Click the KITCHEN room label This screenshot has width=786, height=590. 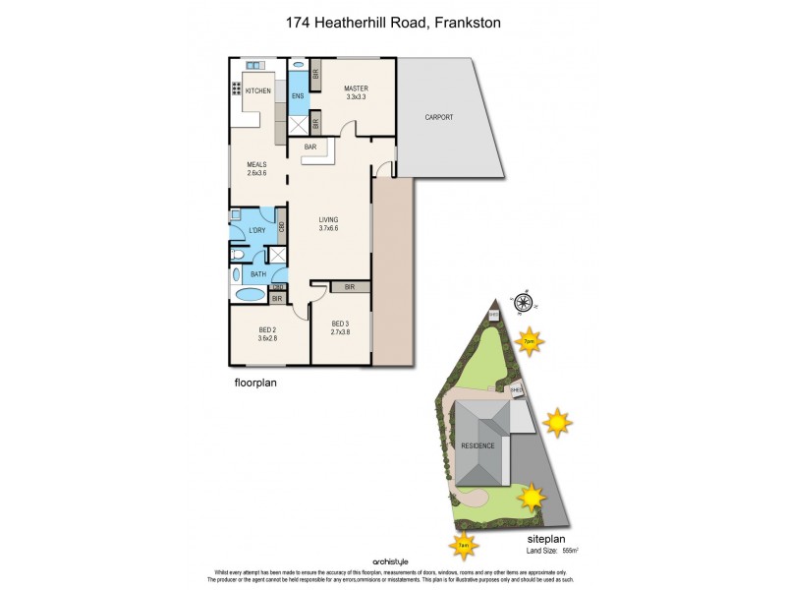pyautogui.click(x=258, y=91)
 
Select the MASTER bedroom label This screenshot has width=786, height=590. pyautogui.click(x=355, y=88)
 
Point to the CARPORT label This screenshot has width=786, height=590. pyautogui.click(x=439, y=117)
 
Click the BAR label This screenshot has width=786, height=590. pyautogui.click(x=309, y=147)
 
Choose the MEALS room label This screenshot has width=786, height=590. pyautogui.click(x=256, y=164)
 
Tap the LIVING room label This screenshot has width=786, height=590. pyautogui.click(x=329, y=220)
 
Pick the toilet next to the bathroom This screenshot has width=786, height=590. pyautogui.click(x=237, y=255)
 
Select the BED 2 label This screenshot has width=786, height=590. pyautogui.click(x=268, y=329)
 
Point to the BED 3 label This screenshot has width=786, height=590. pyautogui.click(x=341, y=324)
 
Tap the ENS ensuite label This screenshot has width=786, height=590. pyautogui.click(x=298, y=96)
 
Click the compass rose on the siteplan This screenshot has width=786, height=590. pyautogui.click(x=523, y=303)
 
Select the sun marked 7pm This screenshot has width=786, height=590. pyautogui.click(x=529, y=341)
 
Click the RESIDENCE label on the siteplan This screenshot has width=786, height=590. pyautogui.click(x=478, y=445)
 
